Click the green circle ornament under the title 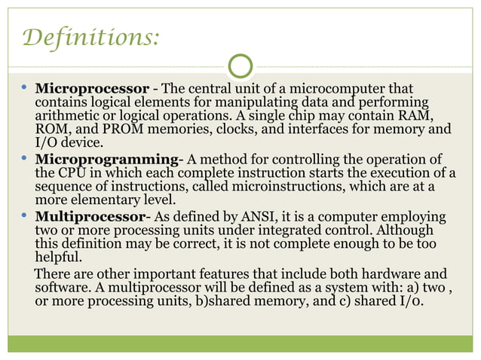[240, 67]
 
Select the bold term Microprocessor [90, 88]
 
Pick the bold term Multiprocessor [93, 217]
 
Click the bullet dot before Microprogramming [24, 160]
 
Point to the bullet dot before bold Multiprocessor [24, 217]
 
